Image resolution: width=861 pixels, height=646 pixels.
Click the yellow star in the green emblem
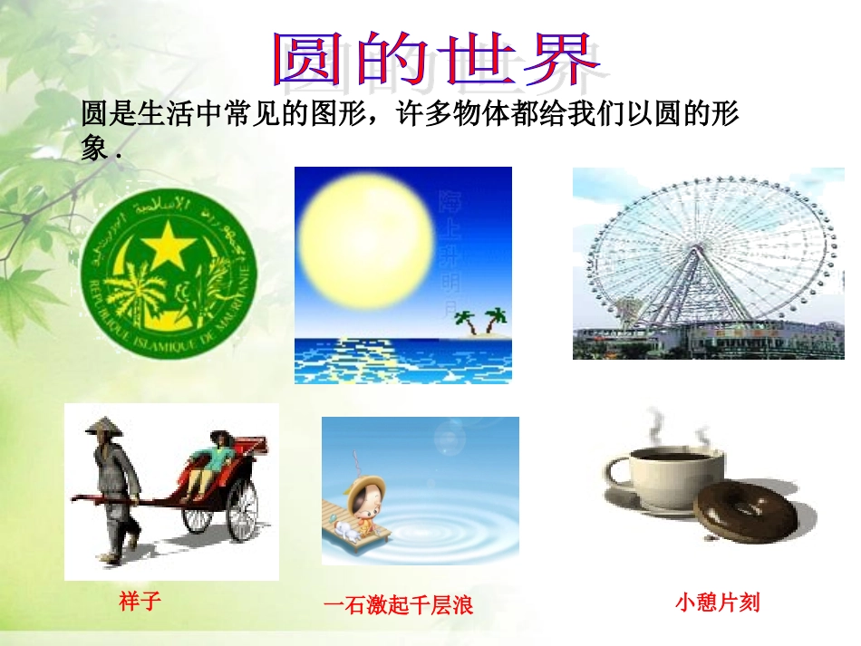pyautogui.click(x=167, y=246)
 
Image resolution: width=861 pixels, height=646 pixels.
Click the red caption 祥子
pyautogui.click(x=140, y=601)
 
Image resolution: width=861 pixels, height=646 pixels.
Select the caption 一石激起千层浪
pyautogui.click(x=398, y=605)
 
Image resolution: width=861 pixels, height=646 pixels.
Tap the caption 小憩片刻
pyautogui.click(x=717, y=602)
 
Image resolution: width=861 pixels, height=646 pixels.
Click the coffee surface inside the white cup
pyautogui.click(x=674, y=454)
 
